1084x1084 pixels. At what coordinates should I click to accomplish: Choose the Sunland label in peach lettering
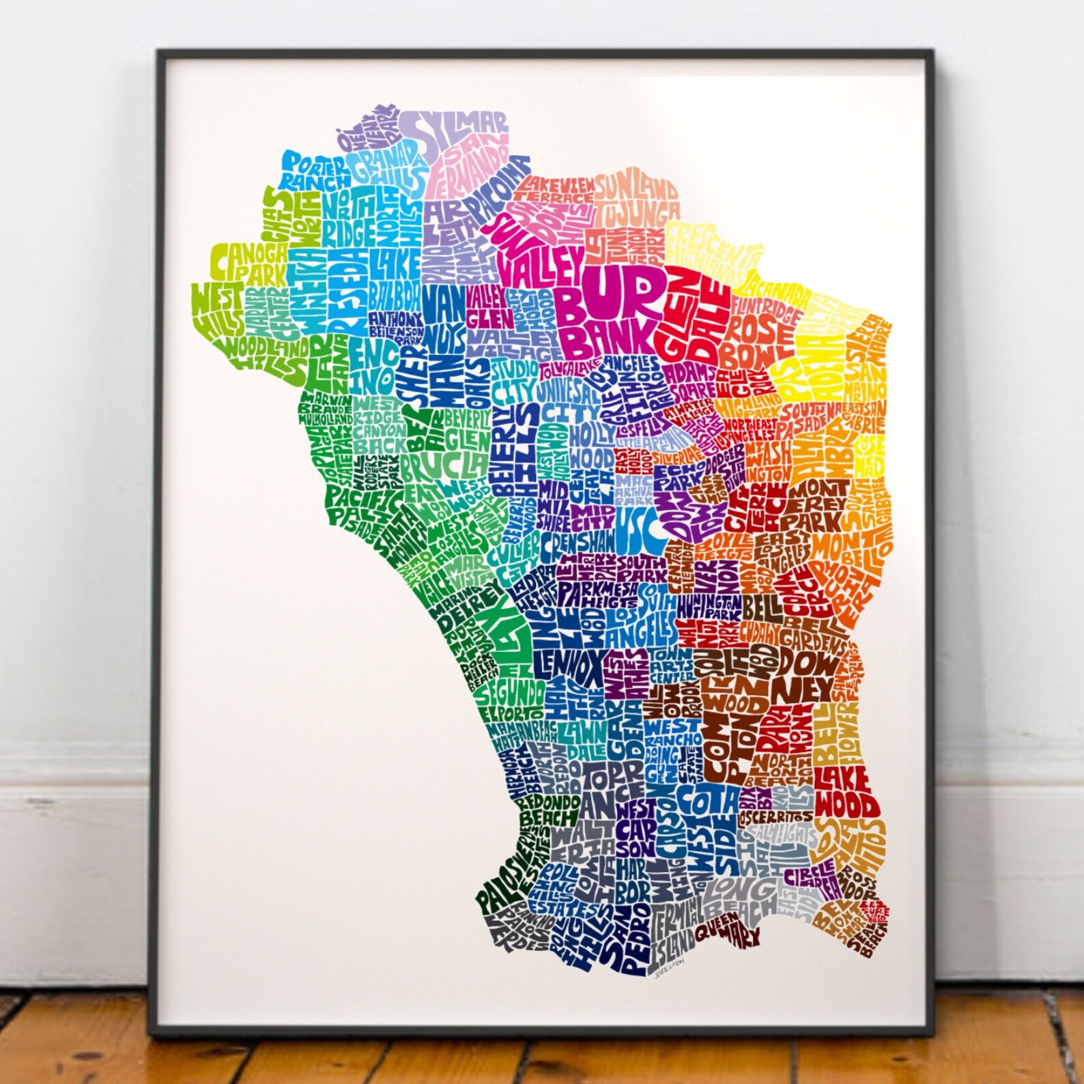(636, 187)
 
